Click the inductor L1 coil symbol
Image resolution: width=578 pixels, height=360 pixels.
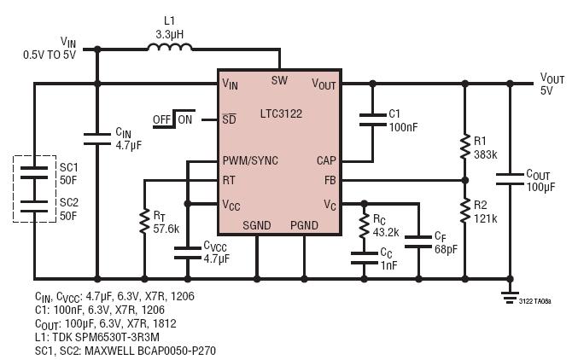tap(170, 48)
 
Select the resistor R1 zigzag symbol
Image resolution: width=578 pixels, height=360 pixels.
tap(464, 147)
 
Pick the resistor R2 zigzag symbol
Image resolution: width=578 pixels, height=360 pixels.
tap(464, 210)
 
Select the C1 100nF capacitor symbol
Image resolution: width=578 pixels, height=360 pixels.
tap(372, 120)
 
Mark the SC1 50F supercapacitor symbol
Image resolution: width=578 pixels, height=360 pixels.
tap(35, 170)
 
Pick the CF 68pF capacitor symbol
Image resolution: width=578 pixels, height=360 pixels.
tap(418, 241)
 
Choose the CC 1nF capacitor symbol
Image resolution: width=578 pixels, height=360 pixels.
tap(364, 258)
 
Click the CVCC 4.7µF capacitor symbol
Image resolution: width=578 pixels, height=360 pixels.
tap(188, 253)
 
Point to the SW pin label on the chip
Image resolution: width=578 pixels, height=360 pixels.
tap(279, 81)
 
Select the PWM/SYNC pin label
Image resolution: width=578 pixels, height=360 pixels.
tap(250, 160)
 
